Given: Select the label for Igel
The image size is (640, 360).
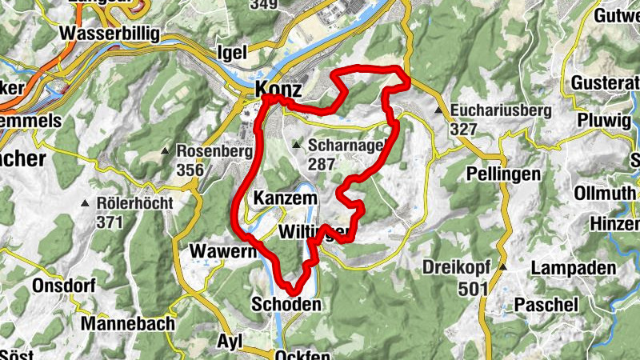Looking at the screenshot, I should point(232,53).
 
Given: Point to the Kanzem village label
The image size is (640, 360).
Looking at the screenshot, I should point(285,198).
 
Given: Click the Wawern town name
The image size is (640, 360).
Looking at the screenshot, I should point(220,251).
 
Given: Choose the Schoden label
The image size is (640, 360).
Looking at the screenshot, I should point(286,304).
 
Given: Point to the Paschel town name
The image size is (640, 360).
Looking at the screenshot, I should point(546,305).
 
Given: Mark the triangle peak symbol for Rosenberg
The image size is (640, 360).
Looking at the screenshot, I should point(165,150).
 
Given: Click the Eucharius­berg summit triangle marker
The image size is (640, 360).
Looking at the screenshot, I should point(439,111).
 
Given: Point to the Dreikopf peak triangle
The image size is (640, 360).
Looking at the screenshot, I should point(503,267).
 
